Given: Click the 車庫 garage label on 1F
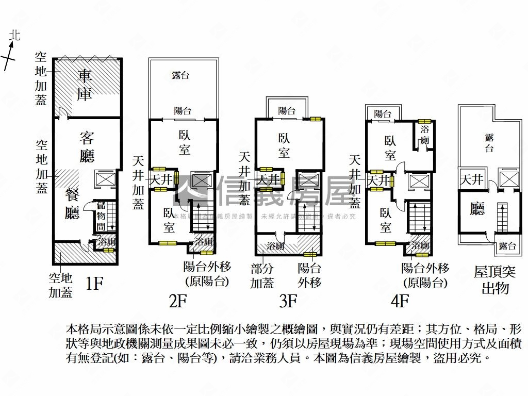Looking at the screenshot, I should tap(85, 86).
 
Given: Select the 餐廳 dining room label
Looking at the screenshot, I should tap(72, 204).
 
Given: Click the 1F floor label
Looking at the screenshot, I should tap(94, 283).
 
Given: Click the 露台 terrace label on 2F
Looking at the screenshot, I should tap(180, 76).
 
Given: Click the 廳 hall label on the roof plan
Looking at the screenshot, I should tap(477, 209).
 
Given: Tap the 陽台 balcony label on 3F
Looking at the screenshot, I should tap(287, 110).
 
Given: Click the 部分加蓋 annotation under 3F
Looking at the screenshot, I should tap(262, 276).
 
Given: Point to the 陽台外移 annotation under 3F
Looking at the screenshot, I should tap(309, 276).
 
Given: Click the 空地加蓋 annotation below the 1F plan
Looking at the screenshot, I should tap(60, 286).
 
